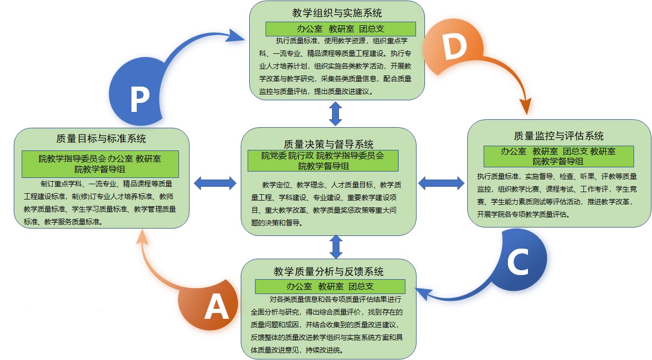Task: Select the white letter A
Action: coord(216,307)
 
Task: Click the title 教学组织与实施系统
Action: coord(337,13)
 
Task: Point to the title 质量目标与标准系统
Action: coord(101,139)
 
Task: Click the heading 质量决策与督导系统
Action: coord(328,144)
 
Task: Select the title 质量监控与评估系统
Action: coord(559,136)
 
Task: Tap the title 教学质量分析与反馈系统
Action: coord(328,272)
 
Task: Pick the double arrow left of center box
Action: coord(215,183)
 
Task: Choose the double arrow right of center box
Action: coord(441,183)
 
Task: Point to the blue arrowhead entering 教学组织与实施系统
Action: coord(238,36)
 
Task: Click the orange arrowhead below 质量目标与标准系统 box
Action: coord(141,239)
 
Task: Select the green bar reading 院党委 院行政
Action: coord(323,160)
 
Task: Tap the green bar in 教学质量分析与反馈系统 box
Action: coord(330,287)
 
